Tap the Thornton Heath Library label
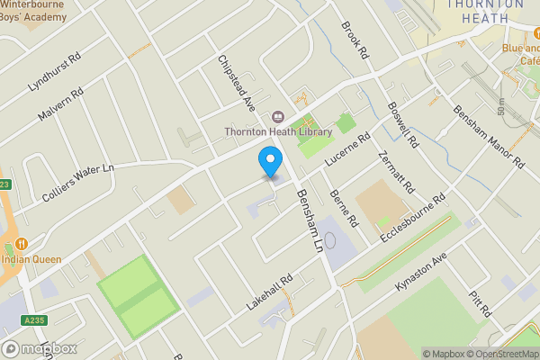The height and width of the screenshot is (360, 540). [x=278, y=131]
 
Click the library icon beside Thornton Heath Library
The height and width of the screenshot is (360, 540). [x=277, y=116]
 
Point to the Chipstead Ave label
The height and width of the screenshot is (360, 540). [x=237, y=85]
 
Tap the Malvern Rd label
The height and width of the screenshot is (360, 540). [x=61, y=105]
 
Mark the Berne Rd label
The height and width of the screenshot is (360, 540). [x=345, y=206]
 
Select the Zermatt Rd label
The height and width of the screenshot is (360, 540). [x=395, y=172]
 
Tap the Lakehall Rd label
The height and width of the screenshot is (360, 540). [x=270, y=294]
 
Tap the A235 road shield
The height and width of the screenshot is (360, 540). [x=35, y=319]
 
